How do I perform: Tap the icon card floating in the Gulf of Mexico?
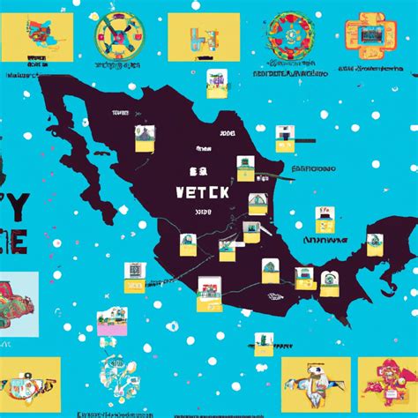[325, 216]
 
